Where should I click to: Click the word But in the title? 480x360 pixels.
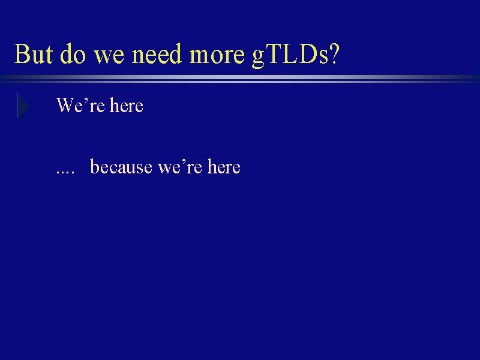click(x=34, y=54)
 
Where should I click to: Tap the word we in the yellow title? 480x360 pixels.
click(x=109, y=56)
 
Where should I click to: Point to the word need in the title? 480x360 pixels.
click(x=157, y=53)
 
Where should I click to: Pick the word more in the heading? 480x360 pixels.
click(x=217, y=56)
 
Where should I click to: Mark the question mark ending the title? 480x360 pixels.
click(x=334, y=54)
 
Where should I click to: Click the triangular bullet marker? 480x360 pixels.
click(x=23, y=106)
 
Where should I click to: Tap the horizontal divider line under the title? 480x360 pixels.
click(x=240, y=79)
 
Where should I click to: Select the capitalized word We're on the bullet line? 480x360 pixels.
click(x=80, y=106)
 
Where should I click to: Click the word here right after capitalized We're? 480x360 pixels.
click(x=127, y=106)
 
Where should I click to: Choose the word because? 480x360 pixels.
click(x=121, y=167)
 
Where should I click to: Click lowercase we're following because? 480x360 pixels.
click(x=179, y=167)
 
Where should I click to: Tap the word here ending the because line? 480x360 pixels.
click(x=224, y=167)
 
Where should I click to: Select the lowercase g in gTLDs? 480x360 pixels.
click(x=259, y=59)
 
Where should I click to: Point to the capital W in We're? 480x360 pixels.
click(x=65, y=106)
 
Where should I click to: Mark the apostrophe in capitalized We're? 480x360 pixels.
click(x=86, y=100)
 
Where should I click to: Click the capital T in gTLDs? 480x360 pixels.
click(x=274, y=54)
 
